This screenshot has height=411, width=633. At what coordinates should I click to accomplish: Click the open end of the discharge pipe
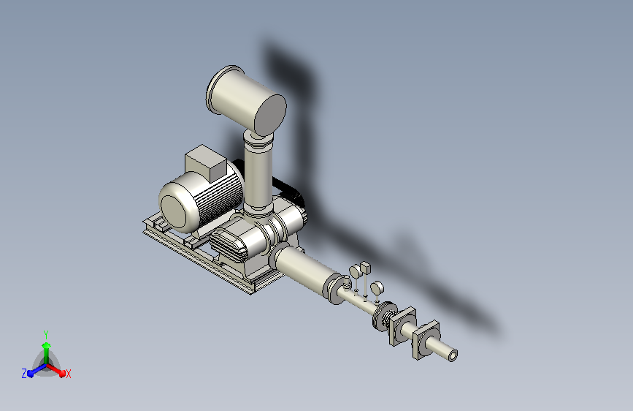[x=453, y=355]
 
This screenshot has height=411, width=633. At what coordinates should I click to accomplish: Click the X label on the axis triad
[x=68, y=374]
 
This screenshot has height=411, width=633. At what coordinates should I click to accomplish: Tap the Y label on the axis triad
[x=46, y=335]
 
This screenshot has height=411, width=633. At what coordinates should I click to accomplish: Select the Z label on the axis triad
[x=24, y=374]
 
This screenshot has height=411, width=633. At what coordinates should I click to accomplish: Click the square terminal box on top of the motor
[x=205, y=163]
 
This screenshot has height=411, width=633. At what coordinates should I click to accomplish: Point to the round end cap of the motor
[x=174, y=211]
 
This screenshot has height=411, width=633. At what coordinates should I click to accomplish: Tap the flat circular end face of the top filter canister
[x=270, y=115]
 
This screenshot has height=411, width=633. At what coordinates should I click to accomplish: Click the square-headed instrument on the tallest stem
[x=365, y=267]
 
